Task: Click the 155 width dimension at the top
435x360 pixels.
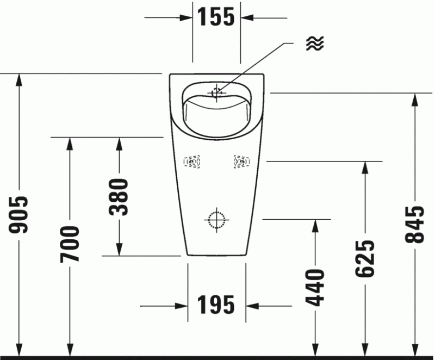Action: pos(216,17)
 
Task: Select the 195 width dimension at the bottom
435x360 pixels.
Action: pos(216,306)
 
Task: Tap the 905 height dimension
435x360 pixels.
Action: pos(20,215)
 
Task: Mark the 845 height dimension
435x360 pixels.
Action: pos(415,224)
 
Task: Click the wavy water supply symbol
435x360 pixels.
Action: pos(314,44)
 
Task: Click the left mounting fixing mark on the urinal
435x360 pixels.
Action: pos(192,162)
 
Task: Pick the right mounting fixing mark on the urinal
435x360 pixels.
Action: pos(240,162)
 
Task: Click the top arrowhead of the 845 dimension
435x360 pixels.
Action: pos(415,98)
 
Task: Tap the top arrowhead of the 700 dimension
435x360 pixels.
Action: pos(70,143)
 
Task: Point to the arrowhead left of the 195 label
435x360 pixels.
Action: pos(182,306)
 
